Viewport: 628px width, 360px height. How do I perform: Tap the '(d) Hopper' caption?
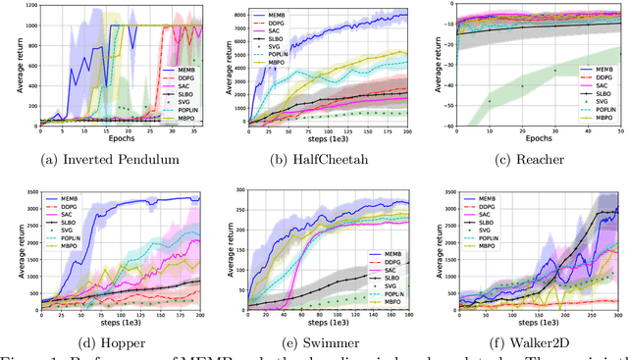click(106, 346)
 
